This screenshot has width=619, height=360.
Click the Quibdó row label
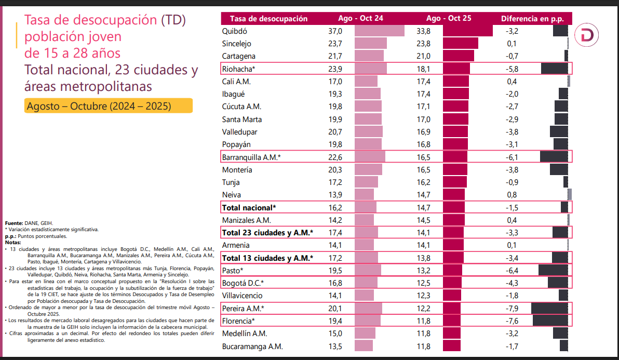click(x=234, y=31)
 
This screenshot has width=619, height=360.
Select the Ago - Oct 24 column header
click(x=360, y=18)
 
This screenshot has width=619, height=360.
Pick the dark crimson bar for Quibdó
click(x=468, y=31)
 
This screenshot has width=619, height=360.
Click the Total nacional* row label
click(x=249, y=207)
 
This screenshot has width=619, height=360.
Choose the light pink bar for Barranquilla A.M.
click(x=370, y=156)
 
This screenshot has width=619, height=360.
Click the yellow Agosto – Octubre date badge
click(x=109, y=106)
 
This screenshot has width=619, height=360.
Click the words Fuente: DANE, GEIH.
click(x=29, y=223)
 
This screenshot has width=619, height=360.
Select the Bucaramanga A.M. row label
click(x=252, y=346)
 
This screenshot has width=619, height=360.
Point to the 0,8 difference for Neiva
click(x=512, y=195)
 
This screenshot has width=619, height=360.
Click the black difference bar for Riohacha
click(x=554, y=69)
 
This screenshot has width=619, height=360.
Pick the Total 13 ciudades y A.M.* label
click(x=267, y=258)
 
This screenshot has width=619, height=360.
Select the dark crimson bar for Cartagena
click(x=459, y=56)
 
